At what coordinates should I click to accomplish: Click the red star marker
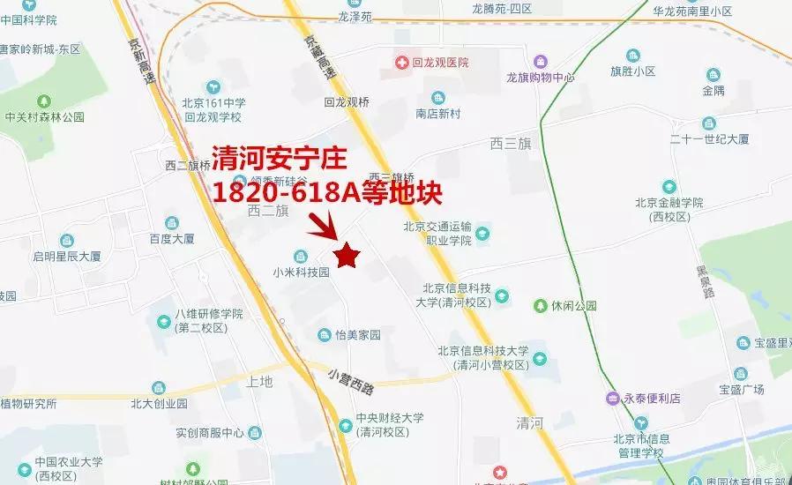tap(347, 255)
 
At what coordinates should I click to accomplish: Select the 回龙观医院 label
tap(439, 63)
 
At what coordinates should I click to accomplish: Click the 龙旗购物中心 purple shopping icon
tap(540, 62)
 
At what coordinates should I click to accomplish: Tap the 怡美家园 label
tap(357, 335)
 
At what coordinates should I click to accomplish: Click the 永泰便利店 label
tap(653, 399)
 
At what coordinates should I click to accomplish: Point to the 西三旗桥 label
tap(392, 176)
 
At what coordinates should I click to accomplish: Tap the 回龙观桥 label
tap(347, 101)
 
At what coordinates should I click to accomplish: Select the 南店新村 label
tap(439, 114)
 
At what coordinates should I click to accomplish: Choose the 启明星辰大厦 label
tap(67, 257)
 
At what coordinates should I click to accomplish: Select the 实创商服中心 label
tap(209, 433)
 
